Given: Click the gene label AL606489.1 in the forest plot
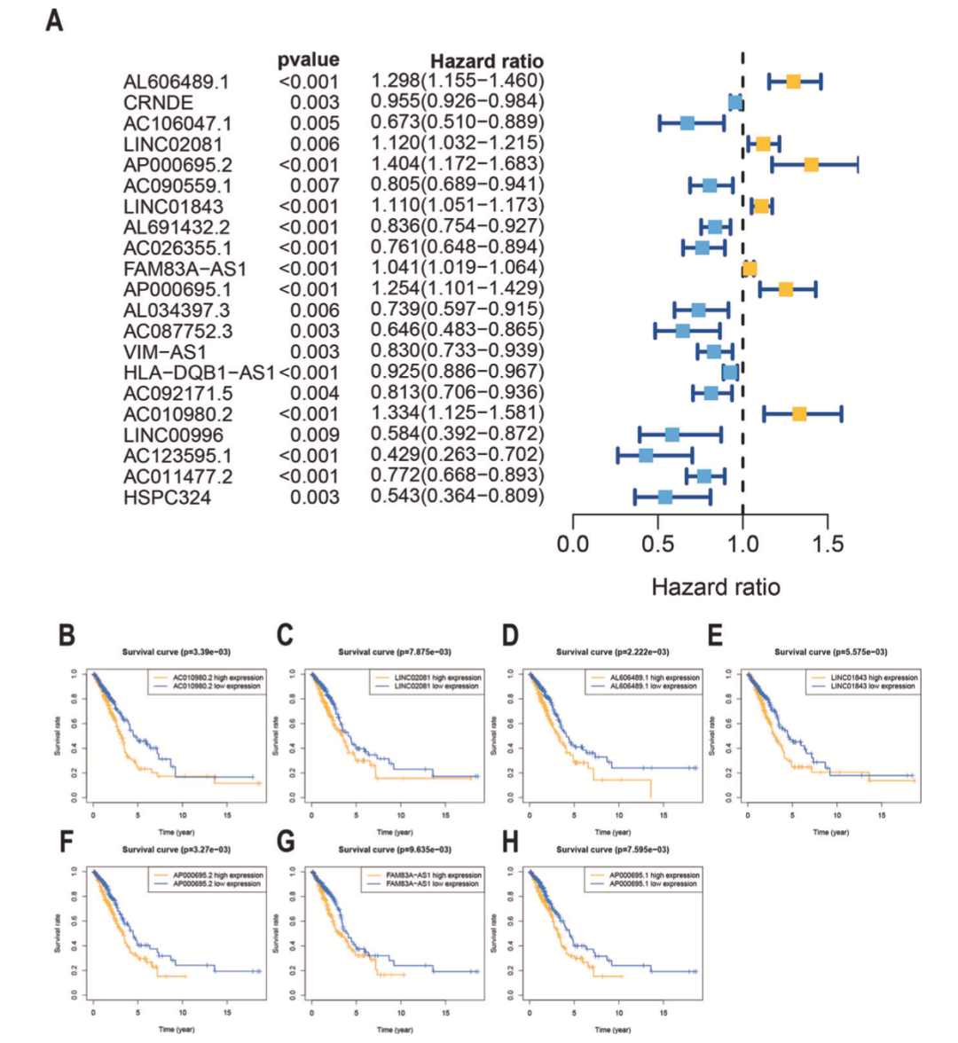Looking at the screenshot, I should [x=176, y=82].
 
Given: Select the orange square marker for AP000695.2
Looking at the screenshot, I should [x=811, y=164].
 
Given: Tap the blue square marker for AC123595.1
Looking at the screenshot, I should [x=646, y=455].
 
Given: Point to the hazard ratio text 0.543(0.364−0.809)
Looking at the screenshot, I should [x=457, y=496].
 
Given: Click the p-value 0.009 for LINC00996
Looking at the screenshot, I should [x=314, y=435].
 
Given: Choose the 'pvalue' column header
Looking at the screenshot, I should [x=308, y=60].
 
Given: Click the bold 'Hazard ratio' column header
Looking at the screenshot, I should [x=486, y=61].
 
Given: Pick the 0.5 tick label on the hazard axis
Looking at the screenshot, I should [x=657, y=543].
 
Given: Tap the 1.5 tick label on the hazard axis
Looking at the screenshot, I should [x=827, y=543].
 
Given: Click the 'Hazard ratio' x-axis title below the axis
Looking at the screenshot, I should [x=716, y=587].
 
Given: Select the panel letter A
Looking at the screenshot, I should [x=54, y=20].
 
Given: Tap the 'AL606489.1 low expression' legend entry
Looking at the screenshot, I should [x=655, y=686].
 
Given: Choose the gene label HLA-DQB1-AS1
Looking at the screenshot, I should [x=199, y=372].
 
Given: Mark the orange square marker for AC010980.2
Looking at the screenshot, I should [x=799, y=414].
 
